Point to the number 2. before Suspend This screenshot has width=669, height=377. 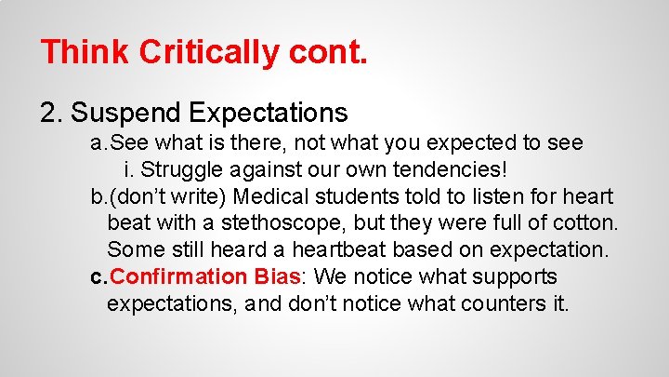click(x=52, y=114)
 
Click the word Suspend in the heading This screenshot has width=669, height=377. click(x=127, y=114)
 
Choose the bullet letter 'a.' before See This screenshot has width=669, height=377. click(x=98, y=143)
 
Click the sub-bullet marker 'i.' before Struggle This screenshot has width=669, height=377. click(x=129, y=170)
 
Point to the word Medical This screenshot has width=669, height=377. click(x=273, y=196)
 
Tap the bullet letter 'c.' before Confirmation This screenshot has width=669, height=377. click(x=98, y=277)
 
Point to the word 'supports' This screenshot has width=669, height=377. click(x=514, y=277)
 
